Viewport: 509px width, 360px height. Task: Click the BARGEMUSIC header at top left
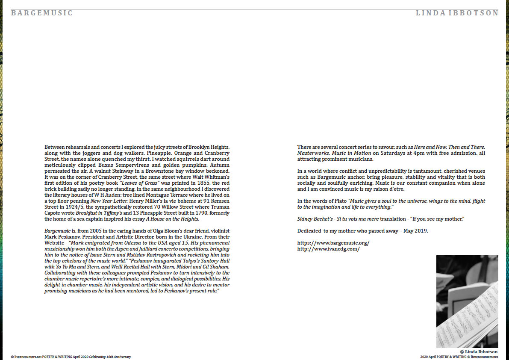point(42,13)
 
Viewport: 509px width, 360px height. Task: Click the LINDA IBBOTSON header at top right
point(457,13)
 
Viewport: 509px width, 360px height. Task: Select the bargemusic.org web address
point(333,243)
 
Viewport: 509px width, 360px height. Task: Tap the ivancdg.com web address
point(328,248)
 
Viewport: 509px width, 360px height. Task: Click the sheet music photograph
point(467,301)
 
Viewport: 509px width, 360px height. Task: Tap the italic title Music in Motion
point(342,153)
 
